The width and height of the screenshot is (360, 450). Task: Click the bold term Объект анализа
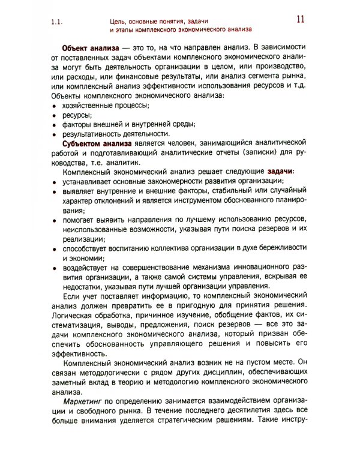pyautogui.click(x=90, y=47)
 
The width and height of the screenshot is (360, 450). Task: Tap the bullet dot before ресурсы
pyautogui.click(x=55, y=115)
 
